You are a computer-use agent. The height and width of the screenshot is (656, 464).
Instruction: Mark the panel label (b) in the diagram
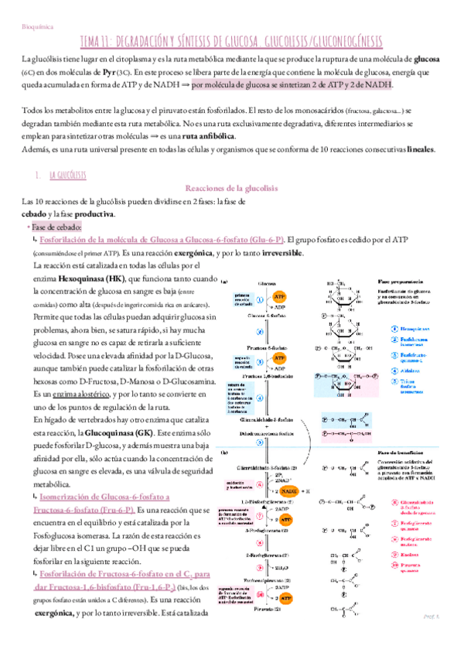pos(224,451)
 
